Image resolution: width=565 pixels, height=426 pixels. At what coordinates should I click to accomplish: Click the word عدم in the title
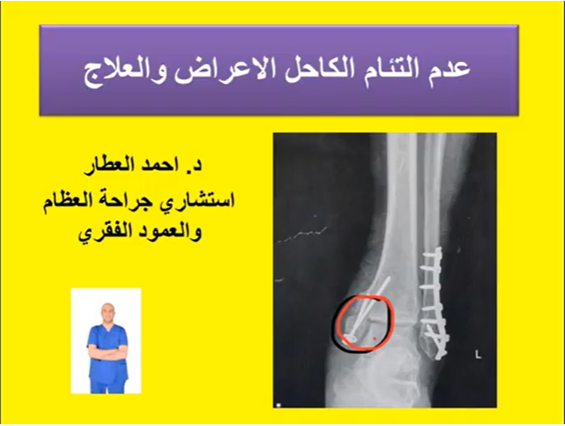(x=451, y=70)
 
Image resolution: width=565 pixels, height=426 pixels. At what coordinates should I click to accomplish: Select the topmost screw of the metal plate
(x=431, y=254)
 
